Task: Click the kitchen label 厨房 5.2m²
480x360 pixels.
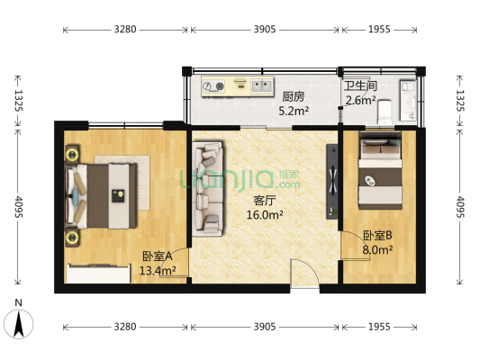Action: click(294, 103)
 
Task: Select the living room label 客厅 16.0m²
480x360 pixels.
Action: click(266, 209)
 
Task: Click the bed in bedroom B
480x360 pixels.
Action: click(381, 170)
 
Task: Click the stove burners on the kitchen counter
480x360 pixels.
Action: click(215, 87)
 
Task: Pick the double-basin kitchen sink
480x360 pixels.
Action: click(262, 86)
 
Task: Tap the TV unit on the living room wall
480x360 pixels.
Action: click(331, 180)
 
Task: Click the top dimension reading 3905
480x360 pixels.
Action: click(264, 30)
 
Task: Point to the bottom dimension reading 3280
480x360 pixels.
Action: click(124, 325)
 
